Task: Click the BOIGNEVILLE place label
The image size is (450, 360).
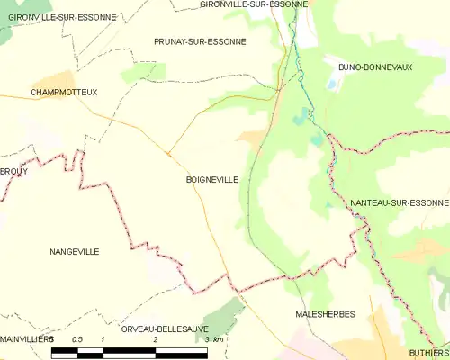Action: pyautogui.click(x=211, y=180)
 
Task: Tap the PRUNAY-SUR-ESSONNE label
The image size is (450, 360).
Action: pyautogui.click(x=200, y=41)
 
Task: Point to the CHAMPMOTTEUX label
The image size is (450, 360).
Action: pyautogui.click(x=63, y=93)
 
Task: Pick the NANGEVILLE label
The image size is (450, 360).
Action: pyautogui.click(x=75, y=252)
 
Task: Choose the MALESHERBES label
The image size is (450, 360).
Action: pyautogui.click(x=325, y=314)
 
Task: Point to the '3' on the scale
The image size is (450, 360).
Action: pyautogui.click(x=208, y=339)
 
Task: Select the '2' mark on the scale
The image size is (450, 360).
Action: pyautogui.click(x=156, y=339)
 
